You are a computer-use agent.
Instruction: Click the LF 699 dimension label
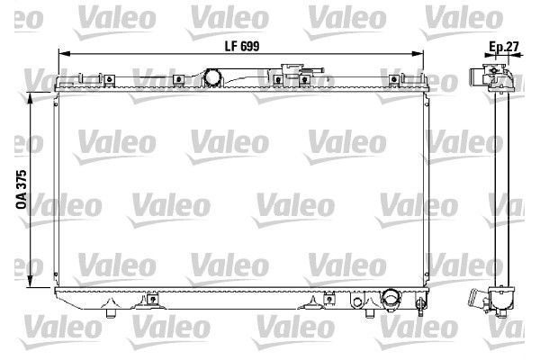coord(242,46)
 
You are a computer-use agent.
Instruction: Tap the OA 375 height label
coord(22,189)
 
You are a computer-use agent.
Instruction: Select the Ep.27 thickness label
coord(504,47)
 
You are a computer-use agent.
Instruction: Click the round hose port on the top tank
coord(212,77)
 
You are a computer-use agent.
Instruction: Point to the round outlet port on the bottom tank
coord(391,298)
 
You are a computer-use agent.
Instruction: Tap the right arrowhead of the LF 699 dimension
coord(418,54)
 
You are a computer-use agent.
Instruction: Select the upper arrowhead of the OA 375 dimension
coord(31,98)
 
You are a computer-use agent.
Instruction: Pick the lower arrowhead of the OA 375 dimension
coord(31,281)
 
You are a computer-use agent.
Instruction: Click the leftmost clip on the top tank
coord(109,79)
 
